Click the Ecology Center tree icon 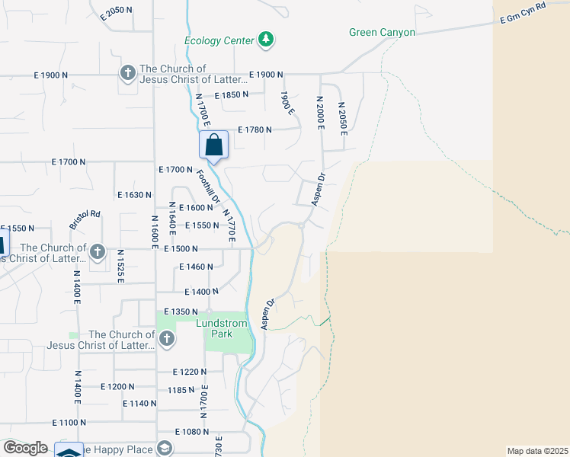(x=265, y=40)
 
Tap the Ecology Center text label (x=219, y=40)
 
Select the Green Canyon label (x=382, y=32)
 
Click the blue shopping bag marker (x=213, y=144)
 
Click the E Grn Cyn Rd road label (x=524, y=16)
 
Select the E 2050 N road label (x=122, y=11)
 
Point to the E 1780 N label (x=255, y=130)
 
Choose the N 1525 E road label (x=120, y=266)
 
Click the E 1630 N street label (x=135, y=195)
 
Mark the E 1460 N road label (x=196, y=267)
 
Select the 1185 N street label (x=180, y=390)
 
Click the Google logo (x=26, y=448)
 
